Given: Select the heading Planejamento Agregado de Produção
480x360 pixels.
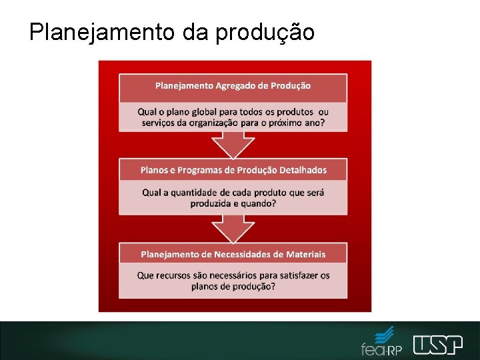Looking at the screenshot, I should click(233, 85).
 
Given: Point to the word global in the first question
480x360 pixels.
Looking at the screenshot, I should click(199, 111).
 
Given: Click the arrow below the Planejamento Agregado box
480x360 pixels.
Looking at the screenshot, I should click(233, 143).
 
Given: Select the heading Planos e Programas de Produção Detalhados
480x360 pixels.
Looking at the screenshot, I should click(233, 170).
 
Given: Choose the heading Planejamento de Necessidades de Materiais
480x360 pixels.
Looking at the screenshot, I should click(233, 254).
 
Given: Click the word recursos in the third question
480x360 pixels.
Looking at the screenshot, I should click(176, 275).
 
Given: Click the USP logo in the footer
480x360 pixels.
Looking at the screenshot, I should click(437, 345).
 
